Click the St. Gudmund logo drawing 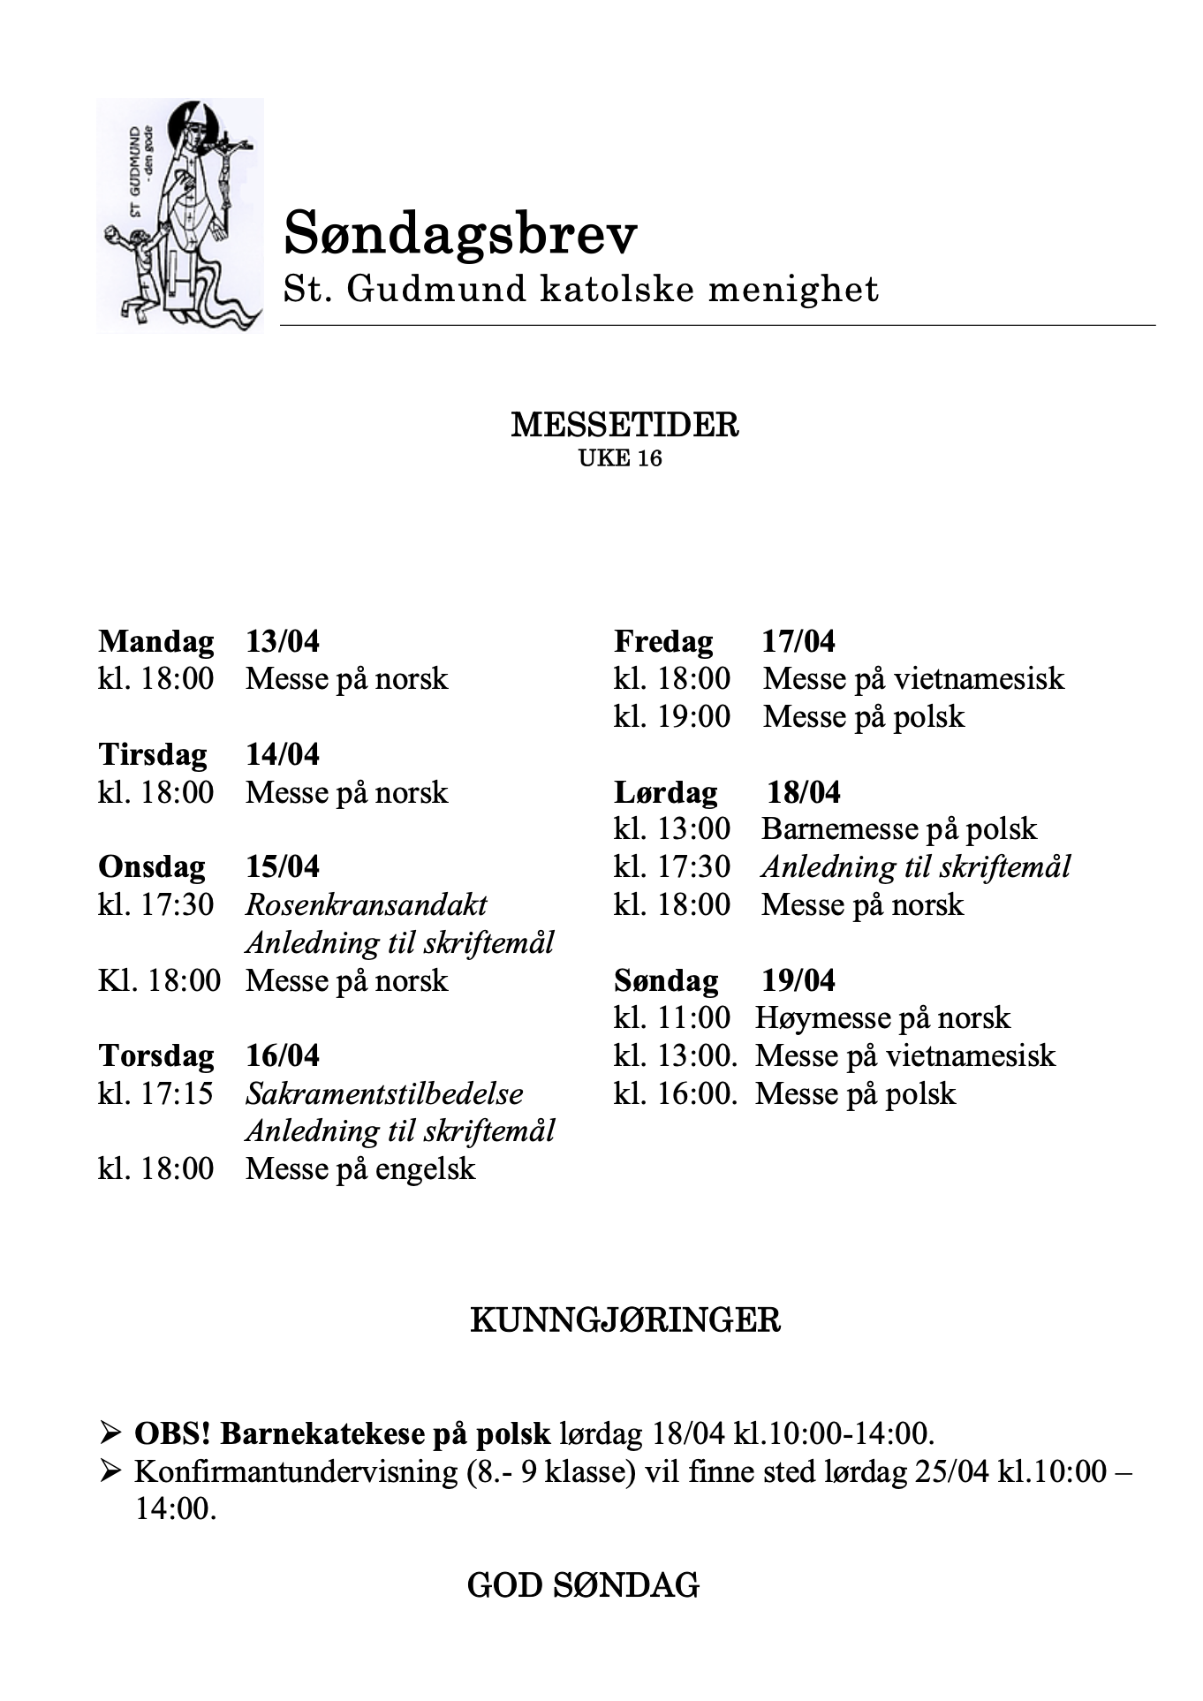(x=179, y=215)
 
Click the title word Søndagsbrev (x=460, y=234)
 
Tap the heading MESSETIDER (x=624, y=425)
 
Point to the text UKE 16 (x=620, y=458)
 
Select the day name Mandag (x=156, y=641)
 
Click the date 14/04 (x=283, y=754)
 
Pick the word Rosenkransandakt (x=366, y=904)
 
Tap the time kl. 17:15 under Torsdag (x=156, y=1093)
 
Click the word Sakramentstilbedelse (x=384, y=1093)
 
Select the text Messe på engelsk (x=360, y=1168)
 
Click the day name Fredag (x=663, y=641)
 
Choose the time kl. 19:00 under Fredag (x=672, y=716)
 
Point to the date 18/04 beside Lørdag (x=803, y=791)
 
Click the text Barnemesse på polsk (x=899, y=828)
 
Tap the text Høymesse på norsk (x=882, y=1017)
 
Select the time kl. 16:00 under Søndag (x=675, y=1093)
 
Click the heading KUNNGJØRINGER (x=624, y=1320)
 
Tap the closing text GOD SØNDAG (x=583, y=1584)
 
